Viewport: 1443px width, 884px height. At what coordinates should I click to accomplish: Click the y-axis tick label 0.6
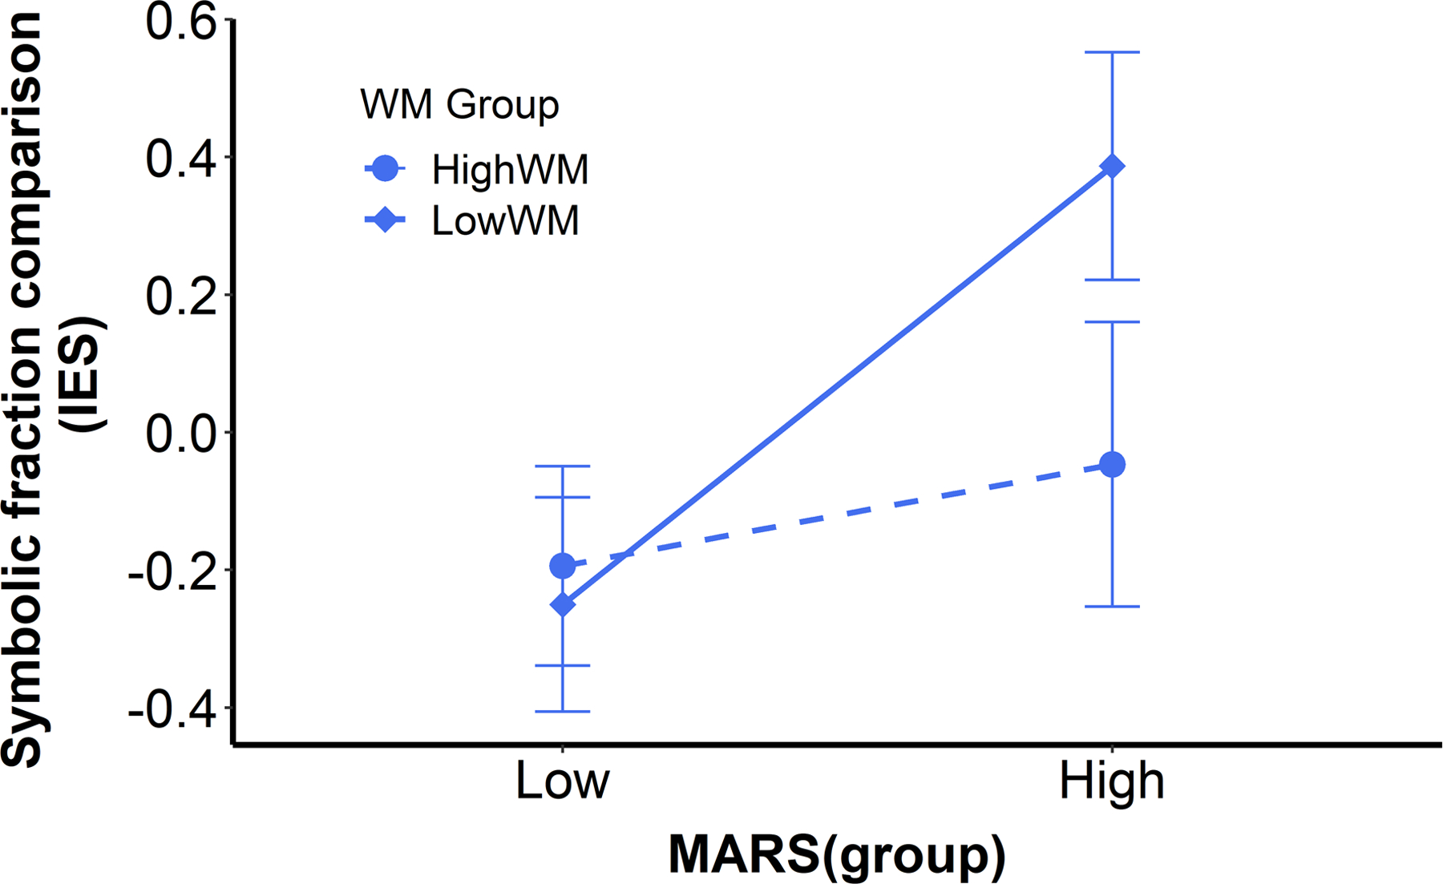coord(182,22)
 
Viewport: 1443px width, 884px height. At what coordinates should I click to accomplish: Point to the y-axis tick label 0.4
coord(182,159)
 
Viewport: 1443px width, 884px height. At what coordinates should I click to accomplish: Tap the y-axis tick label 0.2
coord(182,296)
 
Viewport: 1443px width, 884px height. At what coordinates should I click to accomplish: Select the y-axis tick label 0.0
coord(182,434)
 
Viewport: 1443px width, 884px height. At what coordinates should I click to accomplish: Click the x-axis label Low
coord(562,781)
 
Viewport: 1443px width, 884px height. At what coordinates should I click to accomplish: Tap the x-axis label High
coord(1111,781)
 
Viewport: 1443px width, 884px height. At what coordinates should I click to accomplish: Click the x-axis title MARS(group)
coord(836,855)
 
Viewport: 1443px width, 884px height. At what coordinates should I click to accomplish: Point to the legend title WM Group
coord(459,104)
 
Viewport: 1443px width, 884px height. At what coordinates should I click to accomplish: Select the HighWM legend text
coord(510,169)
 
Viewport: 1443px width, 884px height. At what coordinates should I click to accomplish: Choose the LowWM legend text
coord(505,220)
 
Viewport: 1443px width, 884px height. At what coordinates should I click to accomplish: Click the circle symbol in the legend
coord(386,169)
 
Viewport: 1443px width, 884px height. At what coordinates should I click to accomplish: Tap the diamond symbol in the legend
coord(386,220)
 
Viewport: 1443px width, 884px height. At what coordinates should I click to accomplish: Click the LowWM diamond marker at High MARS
coord(1112,166)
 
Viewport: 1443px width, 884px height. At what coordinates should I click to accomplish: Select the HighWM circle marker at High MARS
coord(1112,464)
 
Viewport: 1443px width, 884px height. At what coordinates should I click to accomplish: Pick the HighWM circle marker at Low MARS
coord(562,566)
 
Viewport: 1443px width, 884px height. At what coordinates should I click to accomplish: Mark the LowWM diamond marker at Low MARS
coord(562,604)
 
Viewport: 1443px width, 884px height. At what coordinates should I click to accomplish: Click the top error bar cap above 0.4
coord(1112,52)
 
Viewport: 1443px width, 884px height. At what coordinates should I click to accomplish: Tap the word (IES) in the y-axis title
coord(87,374)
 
